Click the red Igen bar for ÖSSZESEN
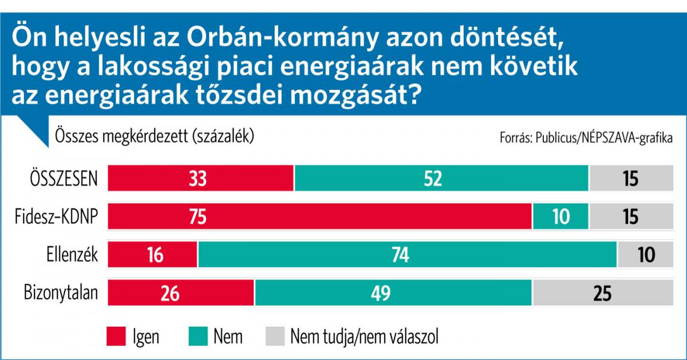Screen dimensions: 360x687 tap(200, 178)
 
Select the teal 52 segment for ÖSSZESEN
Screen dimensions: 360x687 tap(441, 178)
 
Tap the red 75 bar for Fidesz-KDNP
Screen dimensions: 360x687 tap(319, 216)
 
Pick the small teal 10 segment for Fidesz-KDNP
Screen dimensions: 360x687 tap(560, 216)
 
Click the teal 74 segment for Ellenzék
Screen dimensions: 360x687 tap(407, 254)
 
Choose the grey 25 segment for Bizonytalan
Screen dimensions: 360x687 tap(603, 292)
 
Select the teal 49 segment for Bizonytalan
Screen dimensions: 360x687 tap(393, 292)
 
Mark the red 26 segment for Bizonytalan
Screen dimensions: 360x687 tap(181, 292)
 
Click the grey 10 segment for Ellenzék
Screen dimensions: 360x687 tap(646, 254)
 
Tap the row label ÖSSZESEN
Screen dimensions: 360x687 tap(64, 178)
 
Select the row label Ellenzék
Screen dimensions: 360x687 tap(72, 254)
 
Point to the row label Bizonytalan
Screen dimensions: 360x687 tap(61, 292)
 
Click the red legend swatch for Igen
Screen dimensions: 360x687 tap(116, 337)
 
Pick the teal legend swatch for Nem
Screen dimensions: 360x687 tap(197, 337)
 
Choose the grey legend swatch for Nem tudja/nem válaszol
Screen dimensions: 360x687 tap(274, 337)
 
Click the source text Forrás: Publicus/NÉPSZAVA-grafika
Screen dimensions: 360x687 tap(586, 139)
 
